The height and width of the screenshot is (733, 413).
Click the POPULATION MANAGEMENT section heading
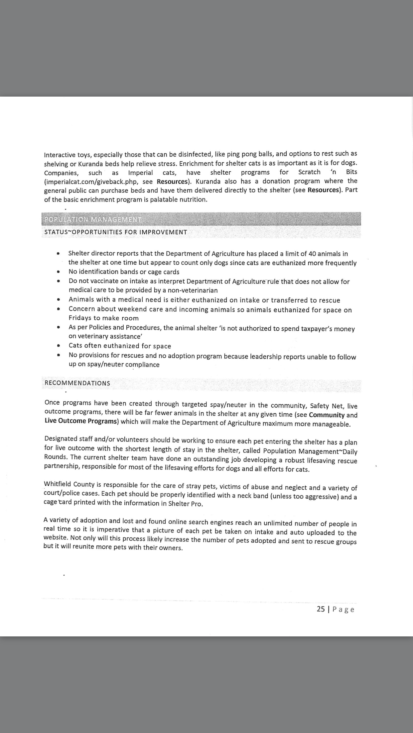point(93,219)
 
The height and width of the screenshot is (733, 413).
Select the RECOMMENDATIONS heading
point(77,383)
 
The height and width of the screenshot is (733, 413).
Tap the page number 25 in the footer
point(321,609)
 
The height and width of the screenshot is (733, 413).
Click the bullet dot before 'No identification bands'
point(59,272)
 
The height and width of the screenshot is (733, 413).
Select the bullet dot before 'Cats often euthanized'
point(59,346)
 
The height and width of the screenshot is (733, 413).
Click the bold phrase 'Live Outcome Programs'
point(81,421)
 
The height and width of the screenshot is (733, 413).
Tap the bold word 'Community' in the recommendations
point(327,415)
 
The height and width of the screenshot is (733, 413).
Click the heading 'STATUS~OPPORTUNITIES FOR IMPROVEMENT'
point(116,232)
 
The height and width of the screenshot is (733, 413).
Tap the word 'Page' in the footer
point(343,609)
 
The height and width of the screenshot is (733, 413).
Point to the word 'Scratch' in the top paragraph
point(309,172)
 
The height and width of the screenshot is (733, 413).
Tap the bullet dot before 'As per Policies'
point(59,327)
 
